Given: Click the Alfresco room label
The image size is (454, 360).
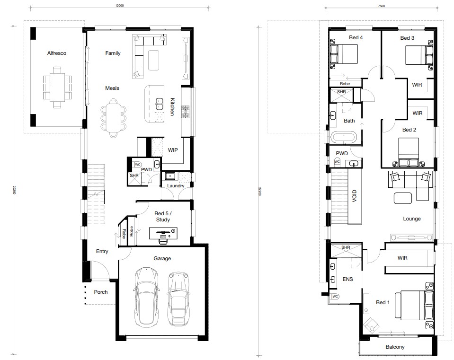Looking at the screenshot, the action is pyautogui.click(x=57, y=53).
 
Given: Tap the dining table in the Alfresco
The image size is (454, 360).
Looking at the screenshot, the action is pyautogui.click(x=57, y=88).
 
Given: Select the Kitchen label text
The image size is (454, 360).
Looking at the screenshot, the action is pyautogui.click(x=172, y=107).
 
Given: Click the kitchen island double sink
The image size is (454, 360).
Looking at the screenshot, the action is pyautogui.click(x=159, y=104).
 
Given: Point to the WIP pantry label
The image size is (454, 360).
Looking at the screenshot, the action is pyautogui.click(x=173, y=150).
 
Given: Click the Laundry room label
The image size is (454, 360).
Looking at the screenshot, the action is pyautogui.click(x=176, y=185).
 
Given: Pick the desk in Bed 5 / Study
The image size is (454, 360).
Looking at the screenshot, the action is pyautogui.click(x=163, y=233).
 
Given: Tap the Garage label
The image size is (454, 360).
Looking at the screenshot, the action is pyautogui.click(x=162, y=258).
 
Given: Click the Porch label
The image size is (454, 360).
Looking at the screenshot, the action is pyautogui.click(x=101, y=292).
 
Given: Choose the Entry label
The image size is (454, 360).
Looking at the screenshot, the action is pyautogui.click(x=102, y=251).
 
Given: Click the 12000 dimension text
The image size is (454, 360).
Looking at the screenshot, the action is pyautogui.click(x=119, y=6).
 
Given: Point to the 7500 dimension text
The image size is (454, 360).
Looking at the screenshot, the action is pyautogui.click(x=381, y=6).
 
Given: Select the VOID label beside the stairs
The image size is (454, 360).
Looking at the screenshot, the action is pyautogui.click(x=355, y=196).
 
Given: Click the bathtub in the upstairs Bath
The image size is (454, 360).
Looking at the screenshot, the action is pyautogui.click(x=344, y=137).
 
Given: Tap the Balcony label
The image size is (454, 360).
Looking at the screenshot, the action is pyautogui.click(x=395, y=347).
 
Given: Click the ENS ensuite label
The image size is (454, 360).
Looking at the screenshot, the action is pyautogui.click(x=348, y=279).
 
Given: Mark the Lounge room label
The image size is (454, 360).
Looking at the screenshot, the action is pyautogui.click(x=412, y=219).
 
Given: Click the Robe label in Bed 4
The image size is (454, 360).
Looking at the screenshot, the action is pyautogui.click(x=345, y=84).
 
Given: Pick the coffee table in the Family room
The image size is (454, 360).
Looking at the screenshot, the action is pyautogui.click(x=153, y=60).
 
